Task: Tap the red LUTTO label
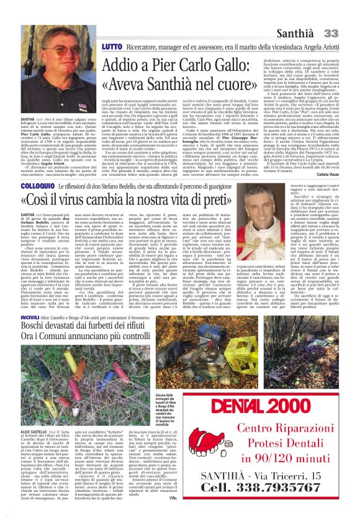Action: pyautogui.click(x=95, y=47)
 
